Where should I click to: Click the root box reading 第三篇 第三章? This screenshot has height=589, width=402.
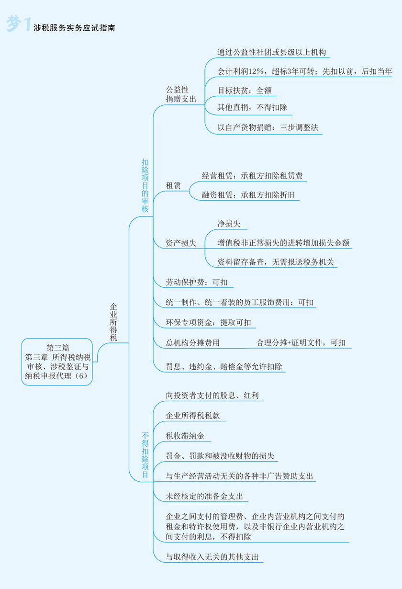tap(57, 362)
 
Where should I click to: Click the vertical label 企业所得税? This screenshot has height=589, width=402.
tap(113, 322)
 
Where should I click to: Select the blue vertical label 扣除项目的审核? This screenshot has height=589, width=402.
tap(145, 186)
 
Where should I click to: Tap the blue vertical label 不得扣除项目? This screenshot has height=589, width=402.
tap(145, 455)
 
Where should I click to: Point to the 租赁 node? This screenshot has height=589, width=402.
tap(173, 185)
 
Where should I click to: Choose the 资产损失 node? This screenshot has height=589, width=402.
tap(181, 243)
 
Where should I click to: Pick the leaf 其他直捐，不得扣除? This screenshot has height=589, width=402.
tap(252, 107)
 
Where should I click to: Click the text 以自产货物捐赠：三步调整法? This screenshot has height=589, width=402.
tap(268, 127)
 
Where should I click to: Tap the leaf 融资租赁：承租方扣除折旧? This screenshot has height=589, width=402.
tap(248, 194)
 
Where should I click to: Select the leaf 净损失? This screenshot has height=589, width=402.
tap(229, 224)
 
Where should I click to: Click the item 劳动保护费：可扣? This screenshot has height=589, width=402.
tap(197, 282)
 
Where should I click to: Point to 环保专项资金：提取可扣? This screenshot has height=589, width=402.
tap(208, 322)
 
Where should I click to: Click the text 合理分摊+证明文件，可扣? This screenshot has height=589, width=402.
tap(301, 342)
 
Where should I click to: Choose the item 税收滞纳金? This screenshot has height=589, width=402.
tap(185, 436)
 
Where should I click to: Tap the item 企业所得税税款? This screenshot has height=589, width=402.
tap(192, 416)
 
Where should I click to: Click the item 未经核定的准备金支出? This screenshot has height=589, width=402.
tap(204, 497)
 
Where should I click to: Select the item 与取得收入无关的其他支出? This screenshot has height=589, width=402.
tap(212, 557)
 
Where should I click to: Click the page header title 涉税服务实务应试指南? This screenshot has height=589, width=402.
tap(74, 28)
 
